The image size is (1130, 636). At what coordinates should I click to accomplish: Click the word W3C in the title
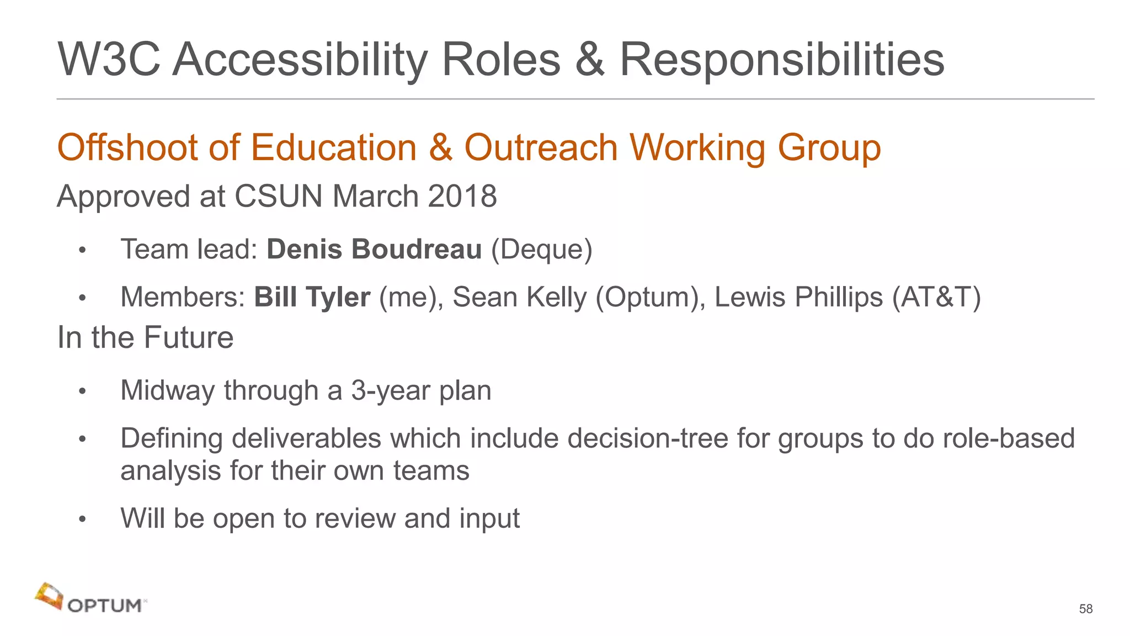(x=109, y=60)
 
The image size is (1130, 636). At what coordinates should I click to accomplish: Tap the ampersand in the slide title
(x=589, y=60)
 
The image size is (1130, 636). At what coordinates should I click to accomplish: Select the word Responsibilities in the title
(x=782, y=60)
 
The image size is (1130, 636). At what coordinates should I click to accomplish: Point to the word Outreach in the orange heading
(x=541, y=148)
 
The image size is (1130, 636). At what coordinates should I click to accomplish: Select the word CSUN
(x=278, y=197)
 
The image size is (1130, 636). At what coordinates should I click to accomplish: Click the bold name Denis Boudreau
(x=374, y=250)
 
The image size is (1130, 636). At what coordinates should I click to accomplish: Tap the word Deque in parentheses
(x=541, y=250)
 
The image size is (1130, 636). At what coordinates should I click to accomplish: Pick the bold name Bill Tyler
(x=312, y=297)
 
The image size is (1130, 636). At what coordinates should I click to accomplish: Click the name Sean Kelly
(x=519, y=297)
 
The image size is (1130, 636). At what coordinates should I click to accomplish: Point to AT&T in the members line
(x=936, y=297)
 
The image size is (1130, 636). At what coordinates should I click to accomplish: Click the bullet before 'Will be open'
(x=82, y=520)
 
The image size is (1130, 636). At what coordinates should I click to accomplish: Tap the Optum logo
(x=91, y=599)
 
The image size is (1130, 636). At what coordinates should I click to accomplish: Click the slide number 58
(x=1085, y=609)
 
